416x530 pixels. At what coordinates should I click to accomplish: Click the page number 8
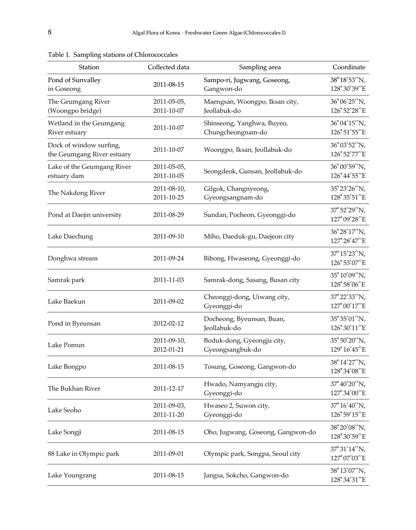point(50,32)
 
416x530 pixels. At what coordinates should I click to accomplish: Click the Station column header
point(89,67)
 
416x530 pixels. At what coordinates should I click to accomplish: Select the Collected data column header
point(168,67)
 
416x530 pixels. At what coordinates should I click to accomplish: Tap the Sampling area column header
point(260,67)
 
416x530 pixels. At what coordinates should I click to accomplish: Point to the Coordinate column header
point(349,67)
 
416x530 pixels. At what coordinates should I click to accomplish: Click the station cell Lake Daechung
point(70,236)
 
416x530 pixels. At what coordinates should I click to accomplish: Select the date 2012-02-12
point(168,323)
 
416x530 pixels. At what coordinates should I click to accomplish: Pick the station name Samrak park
point(66,280)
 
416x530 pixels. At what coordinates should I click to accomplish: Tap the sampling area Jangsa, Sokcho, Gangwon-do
point(246,475)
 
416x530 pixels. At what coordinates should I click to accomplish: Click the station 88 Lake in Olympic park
point(83,454)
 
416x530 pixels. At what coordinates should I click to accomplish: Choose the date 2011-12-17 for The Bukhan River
point(168,388)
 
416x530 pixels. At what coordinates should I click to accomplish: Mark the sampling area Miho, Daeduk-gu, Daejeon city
point(249,236)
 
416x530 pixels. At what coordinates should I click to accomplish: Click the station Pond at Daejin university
point(85,215)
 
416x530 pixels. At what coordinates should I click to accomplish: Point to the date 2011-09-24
point(168,258)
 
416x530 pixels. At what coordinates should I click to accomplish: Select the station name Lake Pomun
point(66,345)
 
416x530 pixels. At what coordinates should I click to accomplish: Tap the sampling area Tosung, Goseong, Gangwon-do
point(250,366)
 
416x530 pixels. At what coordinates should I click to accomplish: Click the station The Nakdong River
point(76,193)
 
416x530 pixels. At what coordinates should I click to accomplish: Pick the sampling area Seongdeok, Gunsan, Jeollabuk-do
point(253,171)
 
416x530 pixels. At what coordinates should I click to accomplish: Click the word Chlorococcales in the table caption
point(156,55)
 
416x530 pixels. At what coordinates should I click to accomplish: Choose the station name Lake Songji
point(65,432)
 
